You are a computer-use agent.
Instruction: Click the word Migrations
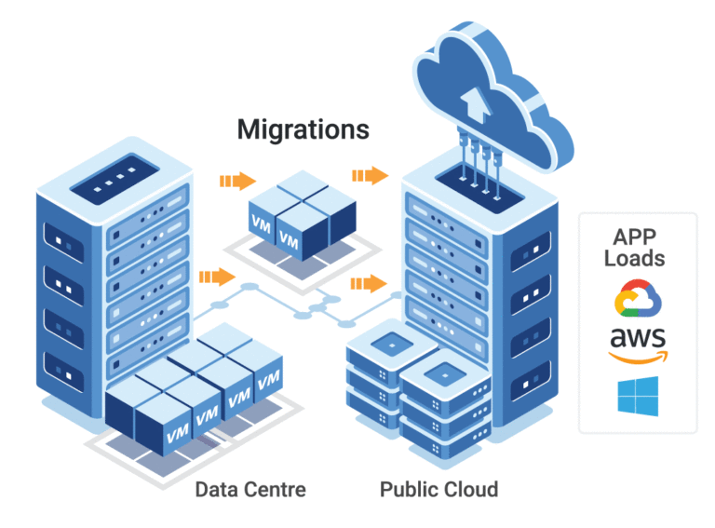[x=303, y=129]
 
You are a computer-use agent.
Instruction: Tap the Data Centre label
[x=250, y=489]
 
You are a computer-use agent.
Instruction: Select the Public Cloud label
[x=438, y=489]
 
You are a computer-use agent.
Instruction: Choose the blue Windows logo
[x=638, y=397]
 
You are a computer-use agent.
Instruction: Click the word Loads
[x=638, y=259]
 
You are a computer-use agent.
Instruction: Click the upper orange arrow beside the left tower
[x=236, y=180]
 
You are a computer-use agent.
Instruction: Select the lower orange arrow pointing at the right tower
[x=368, y=283]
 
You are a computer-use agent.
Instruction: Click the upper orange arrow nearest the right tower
[x=370, y=174]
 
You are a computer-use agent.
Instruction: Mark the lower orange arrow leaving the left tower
[x=216, y=276]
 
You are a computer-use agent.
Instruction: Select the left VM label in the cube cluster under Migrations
[x=263, y=223]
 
